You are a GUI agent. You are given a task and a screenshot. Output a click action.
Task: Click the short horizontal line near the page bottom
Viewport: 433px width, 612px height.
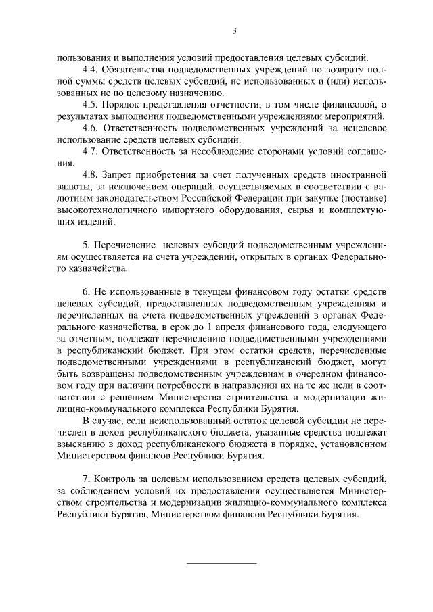(221, 563)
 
